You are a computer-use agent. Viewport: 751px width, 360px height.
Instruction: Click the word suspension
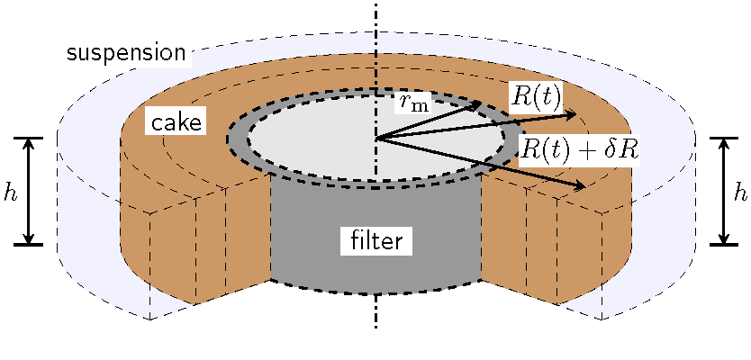point(125,53)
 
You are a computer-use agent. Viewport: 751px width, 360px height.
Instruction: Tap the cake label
point(176,122)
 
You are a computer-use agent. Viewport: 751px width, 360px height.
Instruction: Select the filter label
point(376,240)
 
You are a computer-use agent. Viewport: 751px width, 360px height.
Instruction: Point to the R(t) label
point(537,98)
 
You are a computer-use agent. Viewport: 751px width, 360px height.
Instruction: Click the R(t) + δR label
point(579,148)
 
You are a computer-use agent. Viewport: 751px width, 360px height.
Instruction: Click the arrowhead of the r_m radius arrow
point(475,104)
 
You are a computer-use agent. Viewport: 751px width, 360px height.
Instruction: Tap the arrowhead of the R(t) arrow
point(570,114)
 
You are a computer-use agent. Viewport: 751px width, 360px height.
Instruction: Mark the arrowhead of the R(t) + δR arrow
point(579,185)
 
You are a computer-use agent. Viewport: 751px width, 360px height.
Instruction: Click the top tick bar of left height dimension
point(29,138)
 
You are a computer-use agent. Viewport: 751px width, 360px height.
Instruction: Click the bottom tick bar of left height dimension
point(29,244)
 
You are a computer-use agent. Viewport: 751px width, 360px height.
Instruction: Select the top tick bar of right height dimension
point(724,138)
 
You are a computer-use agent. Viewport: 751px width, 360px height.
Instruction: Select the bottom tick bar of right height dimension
point(724,244)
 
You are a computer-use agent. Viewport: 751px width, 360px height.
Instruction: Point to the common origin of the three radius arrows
point(376,139)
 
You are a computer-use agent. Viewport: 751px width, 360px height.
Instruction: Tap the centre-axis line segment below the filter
point(376,311)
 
